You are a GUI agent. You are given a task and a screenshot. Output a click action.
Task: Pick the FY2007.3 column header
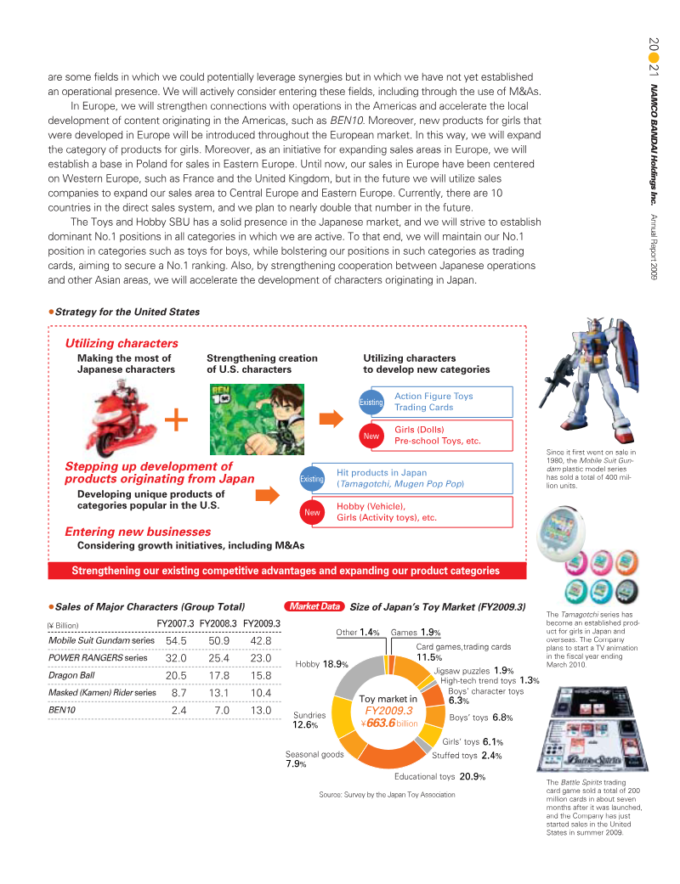tap(176, 623)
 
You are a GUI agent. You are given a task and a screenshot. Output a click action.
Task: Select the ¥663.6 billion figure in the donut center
tap(388, 724)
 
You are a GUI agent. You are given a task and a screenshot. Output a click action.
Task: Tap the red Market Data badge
tap(315, 607)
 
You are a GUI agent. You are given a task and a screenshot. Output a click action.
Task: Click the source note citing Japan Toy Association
tap(387, 794)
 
